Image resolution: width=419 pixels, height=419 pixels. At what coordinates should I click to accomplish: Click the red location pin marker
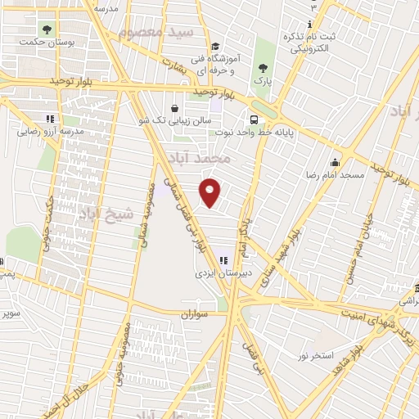[211, 191]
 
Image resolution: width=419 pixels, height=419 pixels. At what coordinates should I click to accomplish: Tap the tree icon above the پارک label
[263, 69]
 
